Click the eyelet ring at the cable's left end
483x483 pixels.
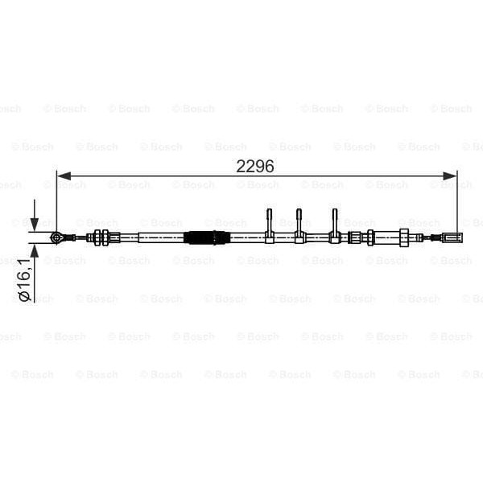click(56, 237)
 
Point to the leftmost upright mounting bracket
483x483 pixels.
click(270, 225)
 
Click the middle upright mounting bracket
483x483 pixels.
click(299, 225)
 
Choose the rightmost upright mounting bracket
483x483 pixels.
click(334, 225)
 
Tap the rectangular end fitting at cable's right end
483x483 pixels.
click(449, 237)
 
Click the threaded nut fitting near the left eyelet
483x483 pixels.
click(100, 237)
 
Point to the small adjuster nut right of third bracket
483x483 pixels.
click(354, 237)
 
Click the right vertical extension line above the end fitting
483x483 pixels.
click(457, 201)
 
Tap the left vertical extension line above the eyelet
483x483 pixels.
click(56, 201)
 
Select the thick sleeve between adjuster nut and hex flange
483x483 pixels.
click(386, 237)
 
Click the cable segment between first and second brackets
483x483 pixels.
click(284, 237)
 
